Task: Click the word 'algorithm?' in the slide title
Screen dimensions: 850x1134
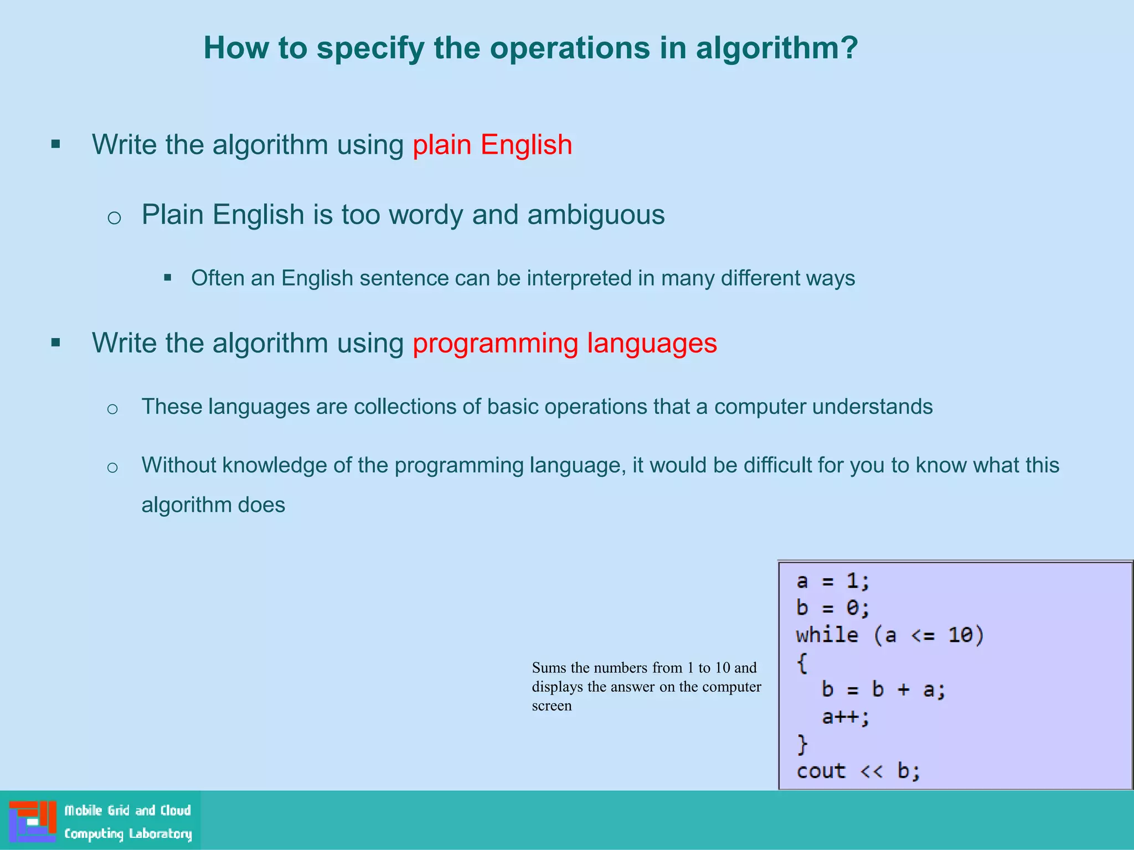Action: (x=776, y=48)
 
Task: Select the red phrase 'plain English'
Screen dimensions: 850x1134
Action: (x=492, y=145)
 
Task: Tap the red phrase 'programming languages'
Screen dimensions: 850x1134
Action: (x=564, y=343)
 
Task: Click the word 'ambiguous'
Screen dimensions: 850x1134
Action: (x=596, y=215)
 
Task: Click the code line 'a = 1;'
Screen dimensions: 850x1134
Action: (x=833, y=581)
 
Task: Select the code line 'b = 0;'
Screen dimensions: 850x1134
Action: (x=833, y=608)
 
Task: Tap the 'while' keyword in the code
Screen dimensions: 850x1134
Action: (x=827, y=635)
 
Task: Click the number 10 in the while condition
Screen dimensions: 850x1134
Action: (x=960, y=635)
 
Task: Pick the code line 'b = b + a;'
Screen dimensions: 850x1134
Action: (x=884, y=690)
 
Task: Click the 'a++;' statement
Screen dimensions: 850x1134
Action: (x=846, y=717)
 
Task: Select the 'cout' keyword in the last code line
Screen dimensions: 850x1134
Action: (x=821, y=771)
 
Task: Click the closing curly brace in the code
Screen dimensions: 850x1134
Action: (x=802, y=744)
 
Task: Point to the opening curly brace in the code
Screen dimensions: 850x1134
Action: (x=802, y=663)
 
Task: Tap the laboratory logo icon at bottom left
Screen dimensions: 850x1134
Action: (x=33, y=821)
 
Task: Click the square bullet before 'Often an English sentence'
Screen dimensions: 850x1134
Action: (x=168, y=278)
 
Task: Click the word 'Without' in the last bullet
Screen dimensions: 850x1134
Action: (x=178, y=465)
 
